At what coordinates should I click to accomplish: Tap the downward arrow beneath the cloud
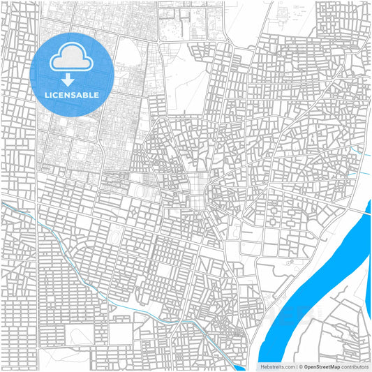coord(72,80)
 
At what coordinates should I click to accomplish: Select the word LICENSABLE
coord(72,94)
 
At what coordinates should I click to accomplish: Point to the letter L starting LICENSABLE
coord(47,94)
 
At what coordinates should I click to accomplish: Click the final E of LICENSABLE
coord(96,94)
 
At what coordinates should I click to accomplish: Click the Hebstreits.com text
coord(278,366)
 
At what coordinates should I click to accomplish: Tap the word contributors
coord(355,366)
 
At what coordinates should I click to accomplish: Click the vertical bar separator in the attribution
coord(296,366)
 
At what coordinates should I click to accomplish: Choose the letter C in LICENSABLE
coord(57,94)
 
